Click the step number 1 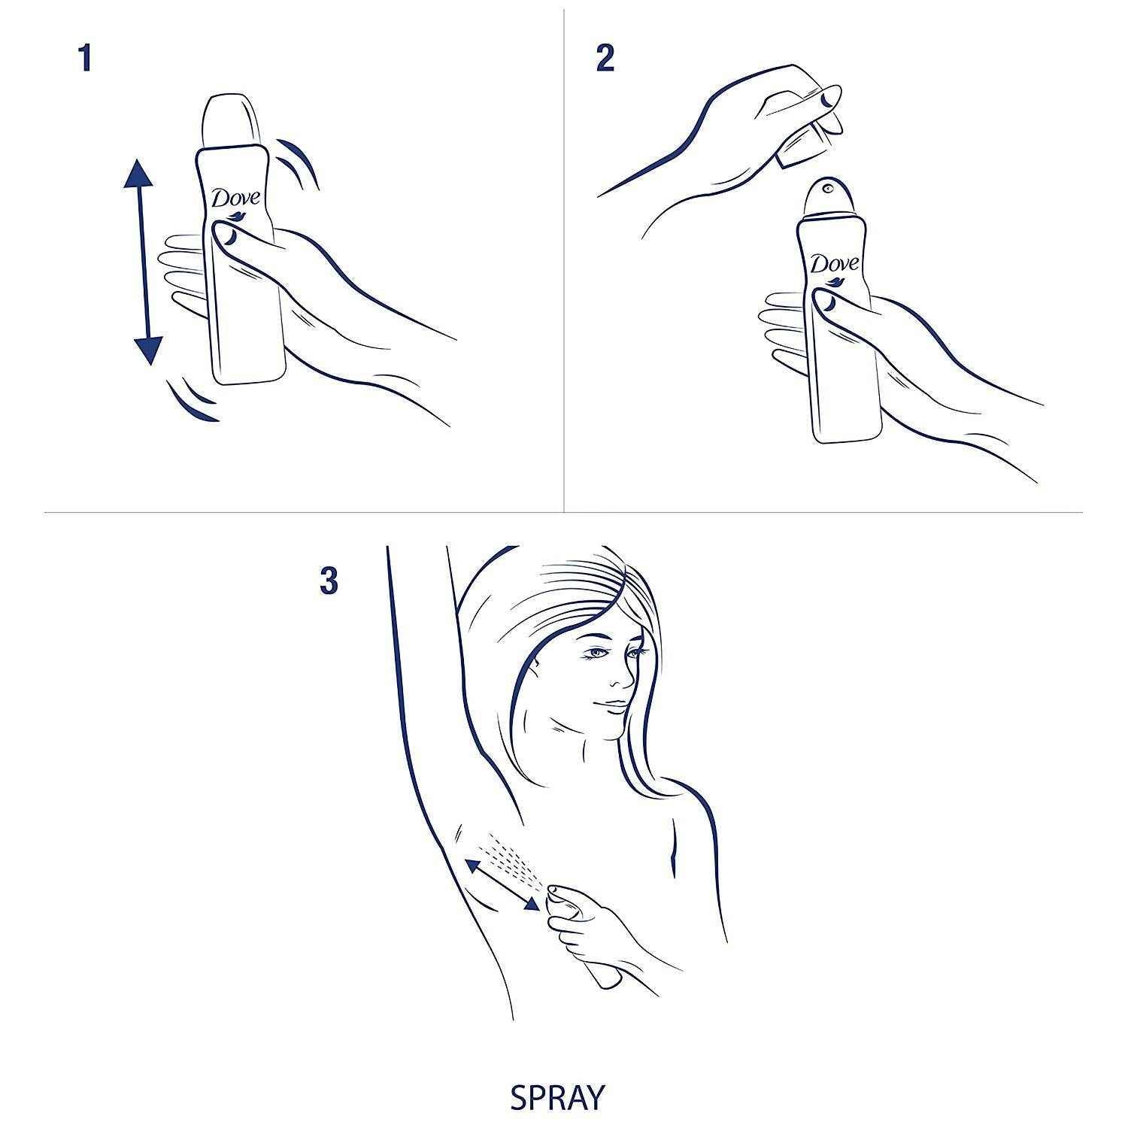click(85, 58)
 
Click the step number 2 click(605, 58)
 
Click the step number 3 click(329, 581)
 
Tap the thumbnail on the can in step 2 click(826, 302)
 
